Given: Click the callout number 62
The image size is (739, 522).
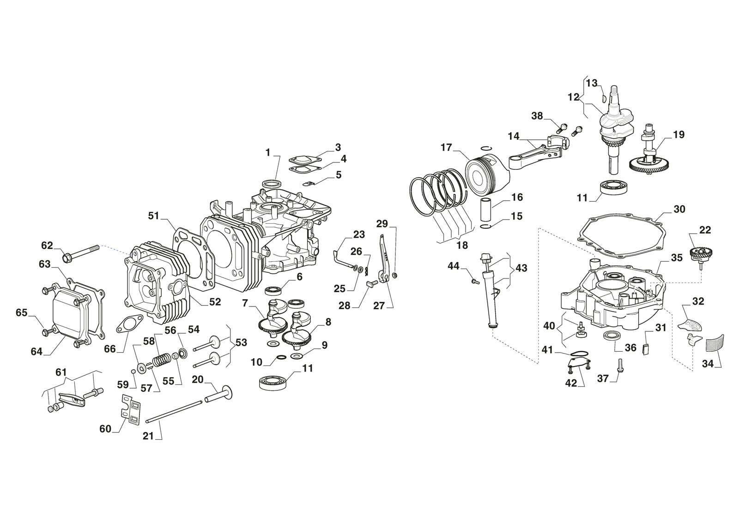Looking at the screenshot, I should coord(47,246).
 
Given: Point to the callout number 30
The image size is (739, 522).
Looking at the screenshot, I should coord(679,209).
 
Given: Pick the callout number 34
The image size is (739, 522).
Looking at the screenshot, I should coord(708,364).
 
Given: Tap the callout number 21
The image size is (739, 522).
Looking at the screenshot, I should coord(148,435).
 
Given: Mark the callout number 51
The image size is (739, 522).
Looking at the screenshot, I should coord(153,216).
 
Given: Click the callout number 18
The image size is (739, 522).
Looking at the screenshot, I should coord(462,245).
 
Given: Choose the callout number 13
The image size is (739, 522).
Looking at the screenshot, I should coord(592,83).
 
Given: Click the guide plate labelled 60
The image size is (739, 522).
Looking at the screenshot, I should coord(130,410).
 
